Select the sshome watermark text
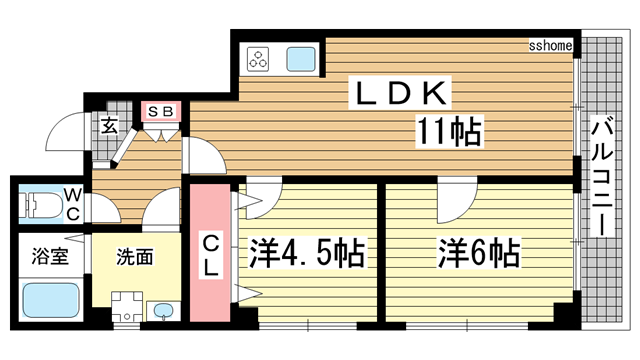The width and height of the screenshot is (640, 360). (x=549, y=46)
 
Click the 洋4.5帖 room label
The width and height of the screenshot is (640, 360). (x=304, y=253)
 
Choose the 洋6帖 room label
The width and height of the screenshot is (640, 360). (x=477, y=253)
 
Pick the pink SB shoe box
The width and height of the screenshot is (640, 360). (x=161, y=111)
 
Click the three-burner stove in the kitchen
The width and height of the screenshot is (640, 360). (x=259, y=58)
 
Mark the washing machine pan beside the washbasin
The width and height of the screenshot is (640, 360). (x=126, y=304)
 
